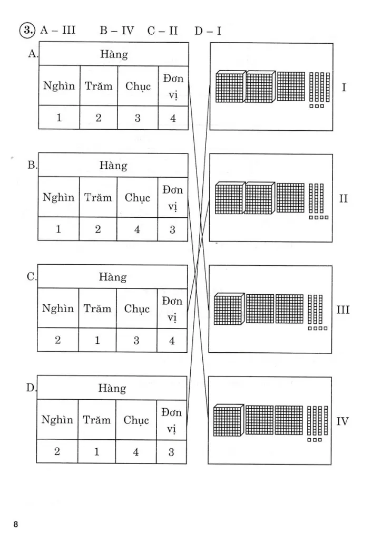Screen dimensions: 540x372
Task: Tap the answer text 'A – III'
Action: pyautogui.click(x=57, y=31)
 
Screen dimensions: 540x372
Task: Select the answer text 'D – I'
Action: pyautogui.click(x=208, y=31)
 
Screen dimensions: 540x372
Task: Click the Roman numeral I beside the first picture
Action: pyautogui.click(x=344, y=87)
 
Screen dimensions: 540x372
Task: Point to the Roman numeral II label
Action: pyautogui.click(x=344, y=199)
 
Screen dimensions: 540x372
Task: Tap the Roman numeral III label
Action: pyautogui.click(x=343, y=310)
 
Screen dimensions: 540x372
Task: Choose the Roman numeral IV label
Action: pyautogui.click(x=342, y=421)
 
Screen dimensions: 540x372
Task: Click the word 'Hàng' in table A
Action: pyautogui.click(x=114, y=54)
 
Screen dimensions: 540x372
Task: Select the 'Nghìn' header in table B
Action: pyautogui.click(x=59, y=198)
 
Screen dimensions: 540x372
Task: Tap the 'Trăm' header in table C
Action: pyautogui.click(x=97, y=308)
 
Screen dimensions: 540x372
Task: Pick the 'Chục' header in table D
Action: pyautogui.click(x=136, y=420)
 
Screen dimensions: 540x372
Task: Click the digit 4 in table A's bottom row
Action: pyautogui.click(x=173, y=118)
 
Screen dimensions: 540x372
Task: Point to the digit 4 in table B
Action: pyautogui.click(x=137, y=229)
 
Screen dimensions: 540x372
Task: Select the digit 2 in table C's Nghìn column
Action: pyautogui.click(x=58, y=341)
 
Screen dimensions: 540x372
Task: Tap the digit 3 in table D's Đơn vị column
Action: pyautogui.click(x=171, y=452)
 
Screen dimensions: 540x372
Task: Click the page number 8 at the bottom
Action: pyautogui.click(x=16, y=524)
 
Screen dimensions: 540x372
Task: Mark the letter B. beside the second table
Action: pyautogui.click(x=32, y=165)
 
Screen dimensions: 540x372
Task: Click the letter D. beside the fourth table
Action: pyautogui.click(x=31, y=388)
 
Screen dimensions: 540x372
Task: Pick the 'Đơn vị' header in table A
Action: pyautogui.click(x=173, y=85)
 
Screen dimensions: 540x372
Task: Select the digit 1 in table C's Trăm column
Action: pyautogui.click(x=97, y=341)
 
